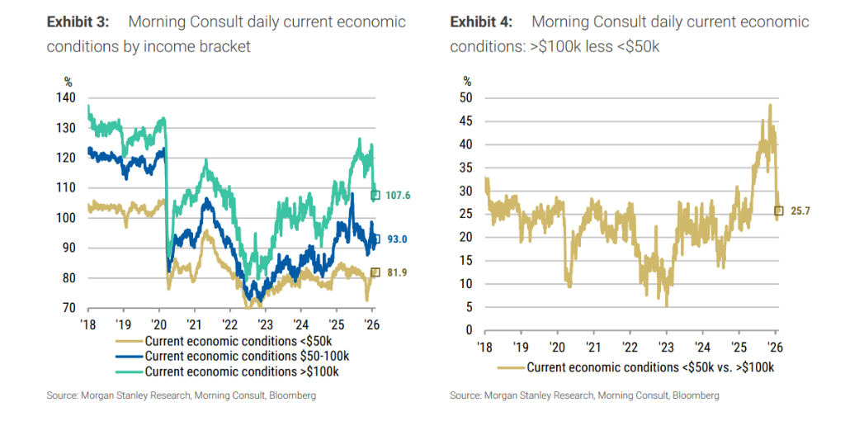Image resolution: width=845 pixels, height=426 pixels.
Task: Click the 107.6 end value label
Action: (x=397, y=196)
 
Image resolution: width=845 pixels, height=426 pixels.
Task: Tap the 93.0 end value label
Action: (x=397, y=239)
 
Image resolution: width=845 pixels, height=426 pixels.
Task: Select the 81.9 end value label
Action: (x=397, y=272)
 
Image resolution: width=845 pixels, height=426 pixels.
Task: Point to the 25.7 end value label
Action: (x=800, y=211)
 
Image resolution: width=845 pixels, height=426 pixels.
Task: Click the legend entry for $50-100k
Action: (x=234, y=356)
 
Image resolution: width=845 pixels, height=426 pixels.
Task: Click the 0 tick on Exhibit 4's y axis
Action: (x=469, y=330)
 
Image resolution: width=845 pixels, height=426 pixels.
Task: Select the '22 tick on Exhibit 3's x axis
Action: (x=229, y=324)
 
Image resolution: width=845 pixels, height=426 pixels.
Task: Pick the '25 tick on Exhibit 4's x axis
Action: (x=739, y=346)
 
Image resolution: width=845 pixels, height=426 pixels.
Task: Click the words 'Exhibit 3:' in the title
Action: (x=79, y=22)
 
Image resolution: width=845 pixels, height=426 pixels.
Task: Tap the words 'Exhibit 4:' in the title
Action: (x=483, y=22)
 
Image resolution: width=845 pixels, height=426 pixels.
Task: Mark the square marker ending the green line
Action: (x=375, y=196)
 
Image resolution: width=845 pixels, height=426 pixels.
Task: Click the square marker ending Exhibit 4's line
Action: (x=778, y=211)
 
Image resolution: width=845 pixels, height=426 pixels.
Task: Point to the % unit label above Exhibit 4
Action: (x=467, y=81)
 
